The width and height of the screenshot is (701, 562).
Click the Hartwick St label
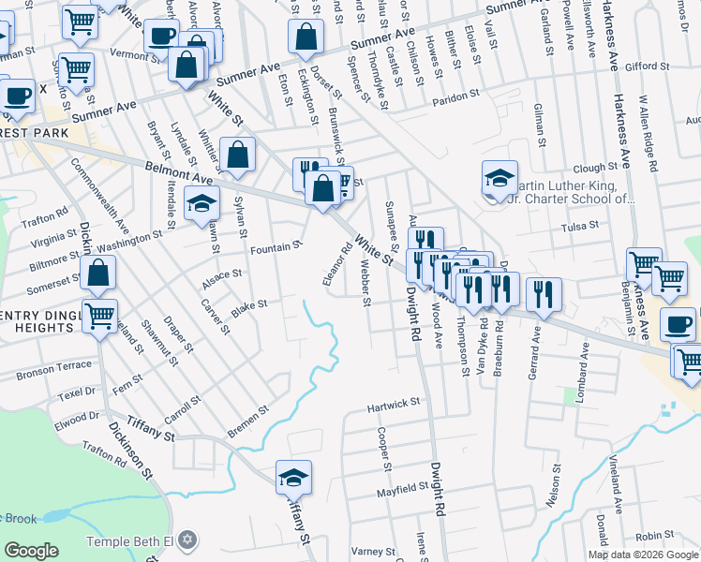(x=393, y=404)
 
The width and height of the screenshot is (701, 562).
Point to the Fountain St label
(x=276, y=248)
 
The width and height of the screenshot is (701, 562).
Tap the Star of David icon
(x=188, y=540)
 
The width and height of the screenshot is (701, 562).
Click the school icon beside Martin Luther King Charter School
(x=500, y=178)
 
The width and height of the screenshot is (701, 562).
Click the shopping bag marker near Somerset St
(x=98, y=273)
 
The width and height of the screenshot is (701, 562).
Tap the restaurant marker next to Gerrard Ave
(x=544, y=295)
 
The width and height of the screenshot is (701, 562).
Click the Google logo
(x=31, y=551)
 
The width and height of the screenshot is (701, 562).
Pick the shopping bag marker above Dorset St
(x=306, y=37)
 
